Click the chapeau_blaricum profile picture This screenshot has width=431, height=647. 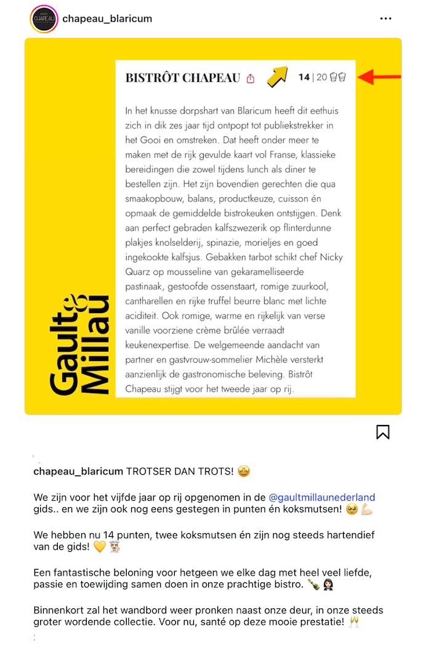coord(44,19)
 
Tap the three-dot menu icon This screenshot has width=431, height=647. coord(385,18)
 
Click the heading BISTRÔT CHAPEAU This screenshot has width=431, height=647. coord(182,78)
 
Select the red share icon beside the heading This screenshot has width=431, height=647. coord(251,79)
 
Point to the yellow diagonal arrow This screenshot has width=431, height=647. coord(278,76)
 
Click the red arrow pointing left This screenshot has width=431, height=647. coord(378,77)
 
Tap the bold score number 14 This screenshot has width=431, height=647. coord(304,77)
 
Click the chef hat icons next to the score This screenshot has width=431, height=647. coord(338,77)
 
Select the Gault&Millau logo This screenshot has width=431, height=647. coord(80,344)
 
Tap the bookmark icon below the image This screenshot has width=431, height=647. coord(382,432)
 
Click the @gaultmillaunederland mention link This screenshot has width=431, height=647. coord(321,497)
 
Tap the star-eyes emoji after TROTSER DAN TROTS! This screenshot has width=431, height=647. coord(243,472)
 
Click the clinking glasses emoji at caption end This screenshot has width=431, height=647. coord(353,622)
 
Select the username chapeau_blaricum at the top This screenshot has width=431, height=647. coord(107,18)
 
